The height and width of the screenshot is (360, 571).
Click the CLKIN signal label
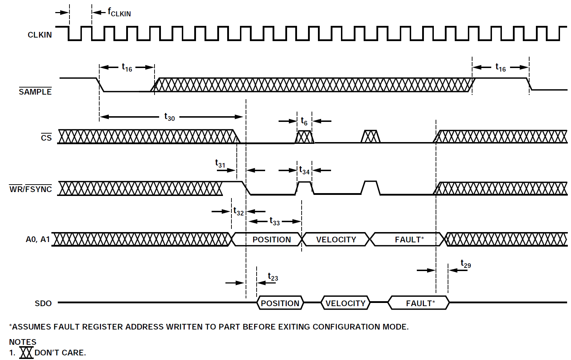pyautogui.click(x=40, y=35)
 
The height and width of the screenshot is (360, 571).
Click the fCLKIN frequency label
pyautogui.click(x=119, y=12)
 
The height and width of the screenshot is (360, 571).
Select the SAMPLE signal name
pyautogui.click(x=35, y=92)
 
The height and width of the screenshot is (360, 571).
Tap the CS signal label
pyautogui.click(x=46, y=138)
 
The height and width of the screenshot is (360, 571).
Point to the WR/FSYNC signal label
pyautogui.click(x=30, y=189)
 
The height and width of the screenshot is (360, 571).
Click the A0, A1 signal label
pyautogui.click(x=38, y=240)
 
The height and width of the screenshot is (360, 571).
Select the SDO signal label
pyautogui.click(x=43, y=303)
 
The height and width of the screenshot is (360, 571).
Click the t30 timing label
pyautogui.click(x=169, y=117)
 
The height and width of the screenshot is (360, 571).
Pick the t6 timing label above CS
pyautogui.click(x=304, y=121)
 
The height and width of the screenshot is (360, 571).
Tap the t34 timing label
pyautogui.click(x=304, y=171)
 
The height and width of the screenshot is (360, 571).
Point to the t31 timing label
pyautogui.click(x=220, y=163)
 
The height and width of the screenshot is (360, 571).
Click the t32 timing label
pyautogui.click(x=239, y=212)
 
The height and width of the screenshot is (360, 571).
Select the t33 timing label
pyautogui.click(x=275, y=221)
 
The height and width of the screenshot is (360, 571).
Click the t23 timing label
pyautogui.click(x=273, y=277)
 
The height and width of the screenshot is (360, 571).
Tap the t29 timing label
pyautogui.click(x=465, y=264)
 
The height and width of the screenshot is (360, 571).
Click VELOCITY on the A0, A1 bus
pyautogui.click(x=336, y=240)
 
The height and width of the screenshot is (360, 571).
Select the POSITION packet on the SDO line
pyautogui.click(x=280, y=303)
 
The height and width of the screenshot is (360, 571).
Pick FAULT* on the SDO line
pyautogui.click(x=420, y=303)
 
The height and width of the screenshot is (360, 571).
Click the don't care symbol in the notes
pyautogui.click(x=26, y=353)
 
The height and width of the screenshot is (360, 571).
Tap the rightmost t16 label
pyautogui.click(x=500, y=67)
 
